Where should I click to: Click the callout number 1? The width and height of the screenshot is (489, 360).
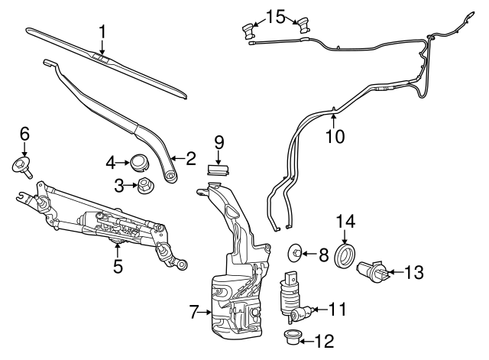pyautogui.click(x=102, y=32)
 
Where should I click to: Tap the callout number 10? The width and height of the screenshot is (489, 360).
pyautogui.click(x=335, y=137)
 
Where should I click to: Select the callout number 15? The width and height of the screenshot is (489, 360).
pyautogui.click(x=276, y=17)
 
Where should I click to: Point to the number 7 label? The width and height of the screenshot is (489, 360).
pyautogui.click(x=194, y=312)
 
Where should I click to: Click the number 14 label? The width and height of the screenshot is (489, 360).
pyautogui.click(x=345, y=222)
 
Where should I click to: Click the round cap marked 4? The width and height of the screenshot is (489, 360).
pyautogui.click(x=139, y=162)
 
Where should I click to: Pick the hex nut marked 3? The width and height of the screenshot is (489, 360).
pyautogui.click(x=145, y=185)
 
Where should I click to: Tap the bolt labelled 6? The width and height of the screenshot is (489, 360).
pyautogui.click(x=24, y=166)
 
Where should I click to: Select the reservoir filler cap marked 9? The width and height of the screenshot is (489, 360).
pyautogui.click(x=219, y=170)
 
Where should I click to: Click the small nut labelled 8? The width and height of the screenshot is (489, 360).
pyautogui.click(x=296, y=252)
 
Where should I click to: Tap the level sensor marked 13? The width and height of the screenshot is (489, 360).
pyautogui.click(x=374, y=271)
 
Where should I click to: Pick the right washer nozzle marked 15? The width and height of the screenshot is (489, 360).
pyautogui.click(x=303, y=25)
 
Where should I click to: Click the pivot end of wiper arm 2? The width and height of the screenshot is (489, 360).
pyautogui.click(x=170, y=177)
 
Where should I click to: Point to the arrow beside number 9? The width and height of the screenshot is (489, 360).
pyautogui.click(x=219, y=158)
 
